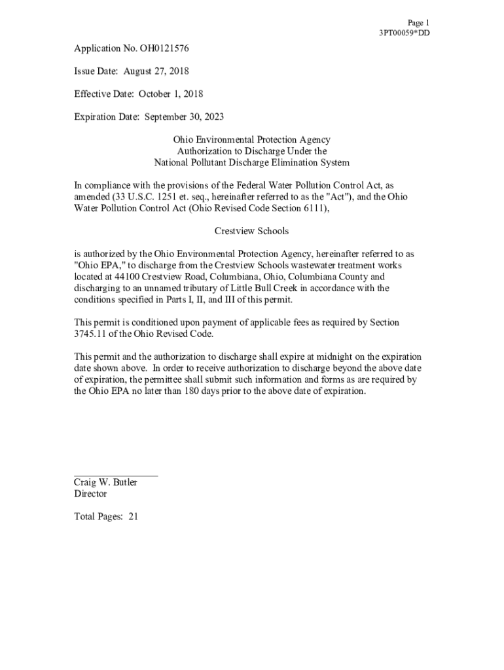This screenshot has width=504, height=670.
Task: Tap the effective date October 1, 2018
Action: (170, 94)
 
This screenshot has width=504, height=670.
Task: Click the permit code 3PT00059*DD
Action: (405, 33)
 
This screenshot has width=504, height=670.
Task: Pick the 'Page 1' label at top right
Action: (418, 22)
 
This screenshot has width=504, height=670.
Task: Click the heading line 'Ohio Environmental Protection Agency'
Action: (251, 140)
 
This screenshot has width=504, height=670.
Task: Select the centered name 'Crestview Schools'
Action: (251, 232)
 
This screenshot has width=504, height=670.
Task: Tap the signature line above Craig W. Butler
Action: (116, 476)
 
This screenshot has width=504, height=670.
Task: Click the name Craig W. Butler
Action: (105, 483)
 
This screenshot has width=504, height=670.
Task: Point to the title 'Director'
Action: (90, 494)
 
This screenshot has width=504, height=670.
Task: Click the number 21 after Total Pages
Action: (133, 517)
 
